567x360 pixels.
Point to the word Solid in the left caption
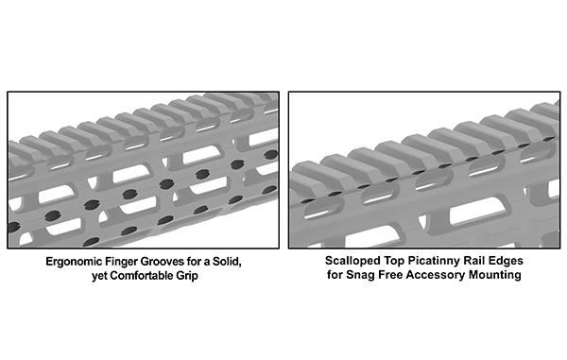tap(227, 262)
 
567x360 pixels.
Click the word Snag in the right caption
tap(361, 275)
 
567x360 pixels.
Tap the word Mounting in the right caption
tap(495, 275)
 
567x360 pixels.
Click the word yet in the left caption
tap(99, 276)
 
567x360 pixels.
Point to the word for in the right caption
tap(335, 274)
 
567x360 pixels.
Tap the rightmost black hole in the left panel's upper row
tap(270, 155)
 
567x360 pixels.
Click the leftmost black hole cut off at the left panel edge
tap(13, 228)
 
